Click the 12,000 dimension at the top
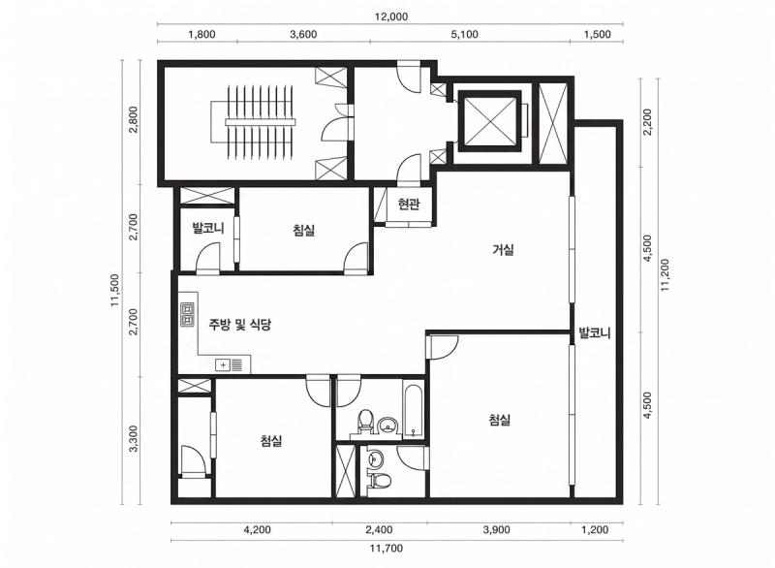[x=390, y=16]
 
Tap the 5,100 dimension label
[x=465, y=35]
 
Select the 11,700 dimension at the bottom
[x=386, y=549]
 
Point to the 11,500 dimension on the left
[x=115, y=291]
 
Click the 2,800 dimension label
[x=133, y=120]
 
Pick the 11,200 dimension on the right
[x=665, y=275]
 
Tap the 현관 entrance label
[x=409, y=204]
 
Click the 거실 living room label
[x=503, y=250]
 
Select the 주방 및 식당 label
[x=239, y=325]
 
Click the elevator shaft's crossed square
[x=490, y=121]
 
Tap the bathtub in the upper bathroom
[x=413, y=408]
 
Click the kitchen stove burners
[x=187, y=316]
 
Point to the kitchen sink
[x=229, y=365]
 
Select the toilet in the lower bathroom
[x=381, y=479]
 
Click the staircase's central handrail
[x=260, y=122]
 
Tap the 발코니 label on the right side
[x=595, y=332]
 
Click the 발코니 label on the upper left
[x=208, y=228]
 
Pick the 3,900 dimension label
[x=496, y=530]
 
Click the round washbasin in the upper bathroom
[x=388, y=425]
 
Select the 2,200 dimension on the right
[x=647, y=121]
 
